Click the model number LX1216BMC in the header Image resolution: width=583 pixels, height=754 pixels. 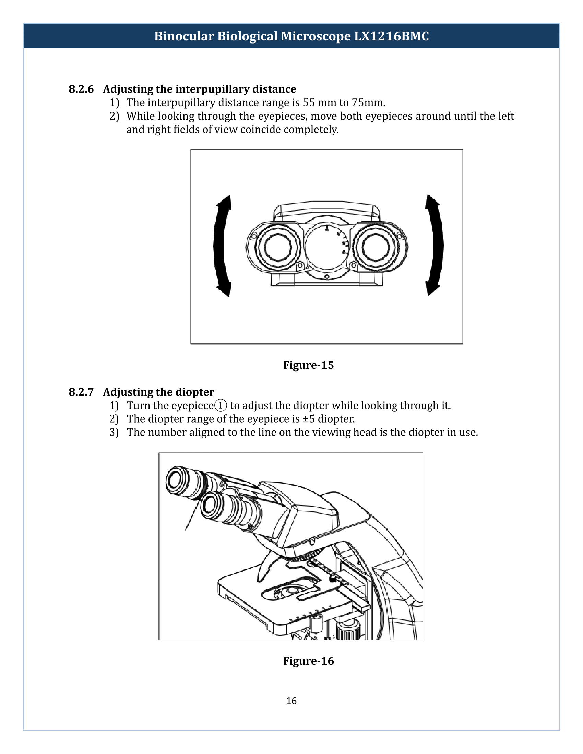point(391,36)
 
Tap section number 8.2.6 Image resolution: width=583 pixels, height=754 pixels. point(81,89)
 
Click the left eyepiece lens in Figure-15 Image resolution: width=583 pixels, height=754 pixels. point(278,247)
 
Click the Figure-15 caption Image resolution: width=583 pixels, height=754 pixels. point(308,365)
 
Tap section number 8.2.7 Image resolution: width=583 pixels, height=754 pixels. point(81,392)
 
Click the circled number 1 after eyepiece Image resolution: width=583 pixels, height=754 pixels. point(221,405)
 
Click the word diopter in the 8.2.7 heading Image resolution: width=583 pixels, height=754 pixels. point(195,392)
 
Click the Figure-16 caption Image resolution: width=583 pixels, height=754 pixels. point(308,661)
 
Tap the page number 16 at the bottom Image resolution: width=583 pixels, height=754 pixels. point(291,701)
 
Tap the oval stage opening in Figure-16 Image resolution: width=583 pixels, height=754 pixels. point(289,591)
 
